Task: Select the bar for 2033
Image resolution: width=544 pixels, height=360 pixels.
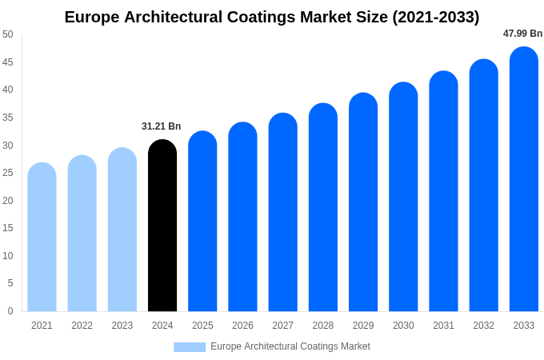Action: click(524, 180)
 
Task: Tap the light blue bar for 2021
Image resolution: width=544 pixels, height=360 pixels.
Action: click(42, 238)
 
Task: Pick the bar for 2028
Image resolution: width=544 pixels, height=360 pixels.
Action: click(323, 208)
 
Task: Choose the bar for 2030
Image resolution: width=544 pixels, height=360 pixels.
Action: click(403, 198)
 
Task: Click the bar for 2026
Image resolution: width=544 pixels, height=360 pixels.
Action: click(242, 218)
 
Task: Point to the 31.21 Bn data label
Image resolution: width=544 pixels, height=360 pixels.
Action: click(162, 126)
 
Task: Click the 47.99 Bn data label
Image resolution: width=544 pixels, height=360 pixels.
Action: click(522, 34)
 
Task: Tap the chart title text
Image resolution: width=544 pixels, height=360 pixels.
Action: click(272, 17)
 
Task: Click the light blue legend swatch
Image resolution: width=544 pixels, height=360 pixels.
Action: click(190, 347)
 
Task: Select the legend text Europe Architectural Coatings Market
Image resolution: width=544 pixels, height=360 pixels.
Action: click(290, 346)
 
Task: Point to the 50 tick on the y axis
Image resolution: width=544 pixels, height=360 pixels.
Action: click(8, 34)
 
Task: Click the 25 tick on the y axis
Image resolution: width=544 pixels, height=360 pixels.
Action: click(8, 173)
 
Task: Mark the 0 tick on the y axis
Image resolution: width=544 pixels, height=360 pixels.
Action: click(10, 311)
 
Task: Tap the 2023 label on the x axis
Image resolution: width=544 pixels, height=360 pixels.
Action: click(122, 326)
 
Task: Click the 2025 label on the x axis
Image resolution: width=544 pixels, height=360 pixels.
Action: click(202, 326)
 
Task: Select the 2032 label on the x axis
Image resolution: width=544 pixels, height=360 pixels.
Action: click(483, 326)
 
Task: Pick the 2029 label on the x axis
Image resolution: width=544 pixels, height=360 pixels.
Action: click(363, 326)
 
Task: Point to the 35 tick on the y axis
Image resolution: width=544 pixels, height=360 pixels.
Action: click(8, 118)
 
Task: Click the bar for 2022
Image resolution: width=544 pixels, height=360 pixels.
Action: click(82, 234)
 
